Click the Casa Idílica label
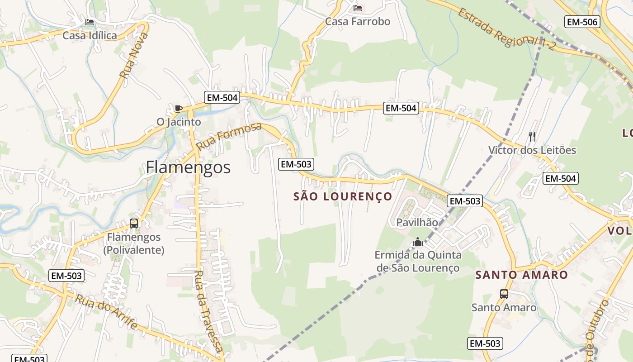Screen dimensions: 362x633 coord(90,35)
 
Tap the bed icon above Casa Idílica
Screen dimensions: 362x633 coord(90,22)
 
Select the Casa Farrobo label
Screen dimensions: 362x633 coord(357,21)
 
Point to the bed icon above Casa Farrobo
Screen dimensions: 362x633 coord(358,8)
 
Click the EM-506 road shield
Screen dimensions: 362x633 coord(582,22)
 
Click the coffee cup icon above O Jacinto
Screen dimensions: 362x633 coord(178,109)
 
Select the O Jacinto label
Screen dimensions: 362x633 coord(179,122)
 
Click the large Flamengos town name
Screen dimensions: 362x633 coord(188,167)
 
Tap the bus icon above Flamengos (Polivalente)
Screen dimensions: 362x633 coord(134,223)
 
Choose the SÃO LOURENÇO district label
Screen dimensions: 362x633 coord(342,196)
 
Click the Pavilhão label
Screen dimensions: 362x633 coord(417,222)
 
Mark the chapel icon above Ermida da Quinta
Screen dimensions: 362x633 coord(418,242)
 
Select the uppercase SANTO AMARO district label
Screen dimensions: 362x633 coord(521,275)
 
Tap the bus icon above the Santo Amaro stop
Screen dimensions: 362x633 coord(504,294)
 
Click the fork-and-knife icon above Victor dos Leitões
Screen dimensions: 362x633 coord(532,136)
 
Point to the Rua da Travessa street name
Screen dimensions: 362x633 coord(208,312)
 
